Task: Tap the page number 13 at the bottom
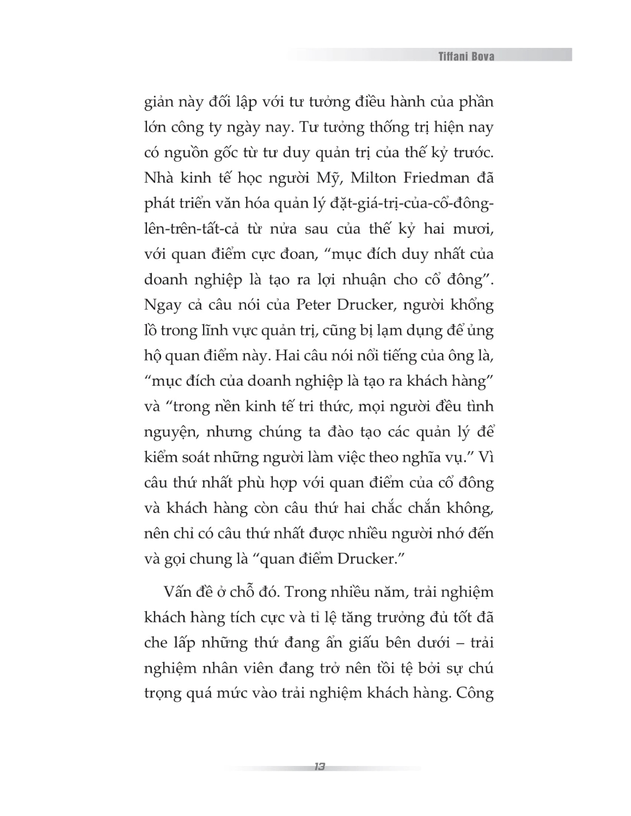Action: click(320, 767)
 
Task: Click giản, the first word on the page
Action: click(162, 103)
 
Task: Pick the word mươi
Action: click(473, 229)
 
